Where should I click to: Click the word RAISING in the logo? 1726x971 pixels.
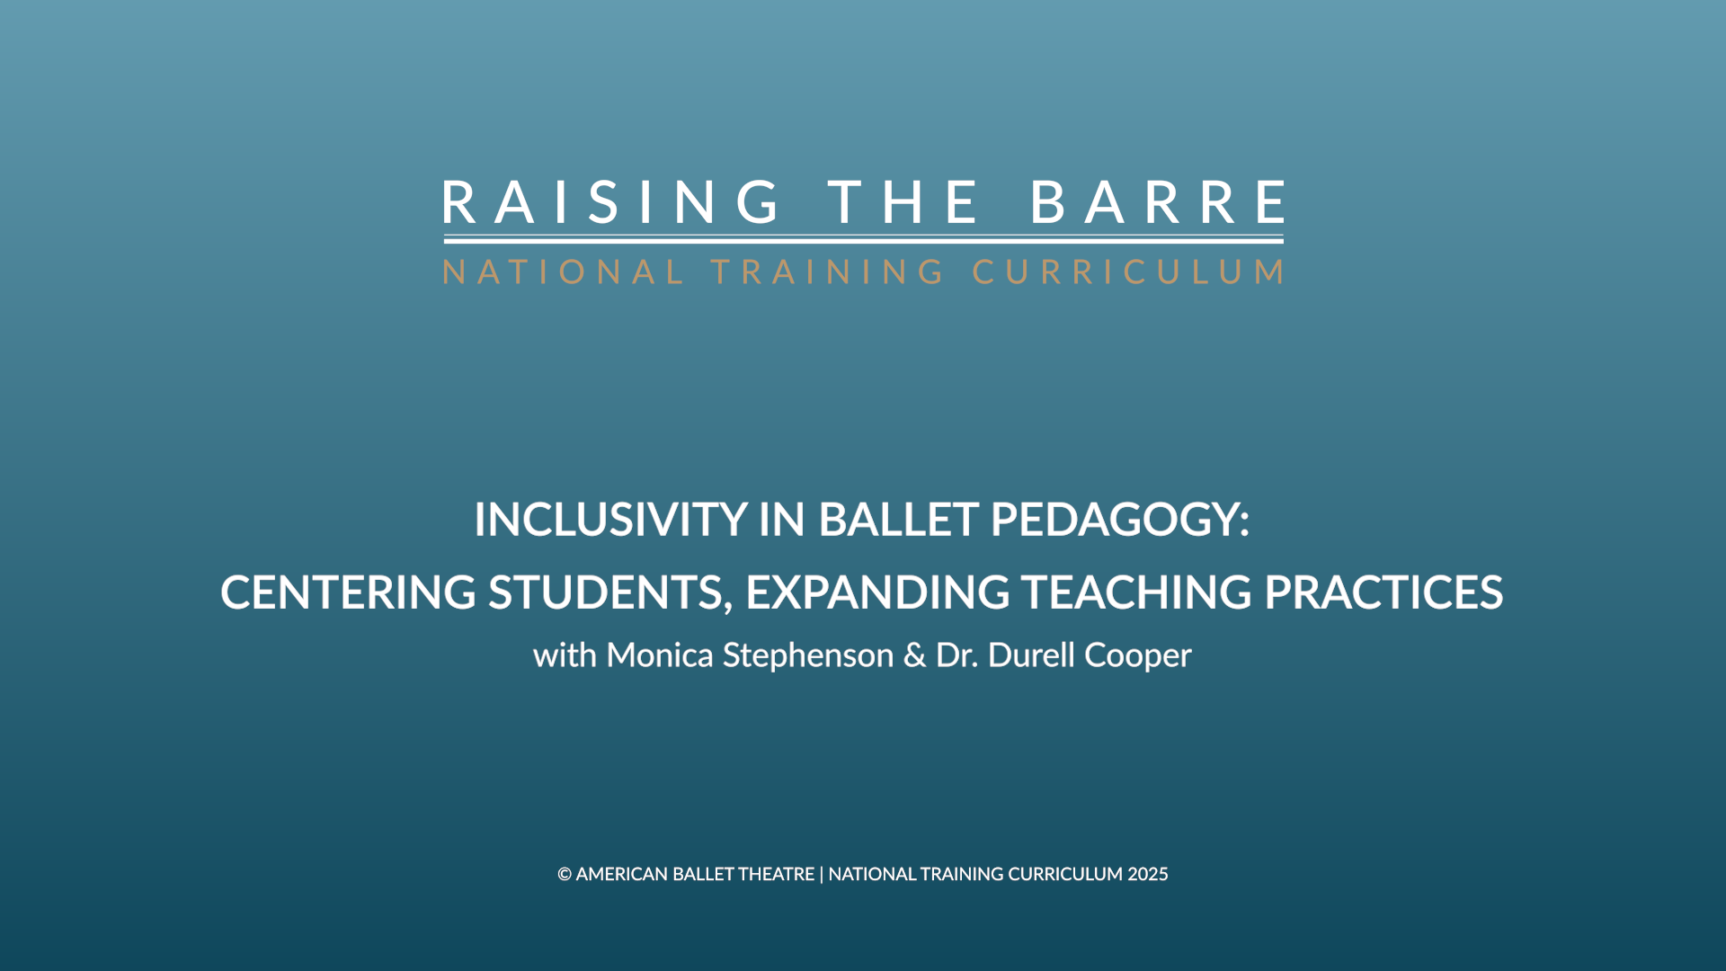(612, 201)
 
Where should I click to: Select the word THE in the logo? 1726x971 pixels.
(903, 201)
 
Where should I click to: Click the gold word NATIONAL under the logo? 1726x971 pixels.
(564, 272)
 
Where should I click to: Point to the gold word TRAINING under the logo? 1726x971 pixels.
(828, 272)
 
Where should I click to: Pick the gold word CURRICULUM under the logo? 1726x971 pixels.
(1128, 272)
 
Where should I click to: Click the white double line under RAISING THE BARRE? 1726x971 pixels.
(863, 240)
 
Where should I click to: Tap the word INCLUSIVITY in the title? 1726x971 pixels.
(610, 520)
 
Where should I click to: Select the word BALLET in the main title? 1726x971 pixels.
(898, 520)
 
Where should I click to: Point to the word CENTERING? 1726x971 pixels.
(348, 592)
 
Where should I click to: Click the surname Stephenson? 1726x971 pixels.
(808, 655)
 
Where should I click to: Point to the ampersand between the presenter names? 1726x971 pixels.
(914, 655)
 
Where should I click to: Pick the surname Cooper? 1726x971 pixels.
(1137, 655)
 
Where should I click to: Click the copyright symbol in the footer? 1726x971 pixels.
(565, 874)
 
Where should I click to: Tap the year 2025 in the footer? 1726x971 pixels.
(1148, 874)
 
